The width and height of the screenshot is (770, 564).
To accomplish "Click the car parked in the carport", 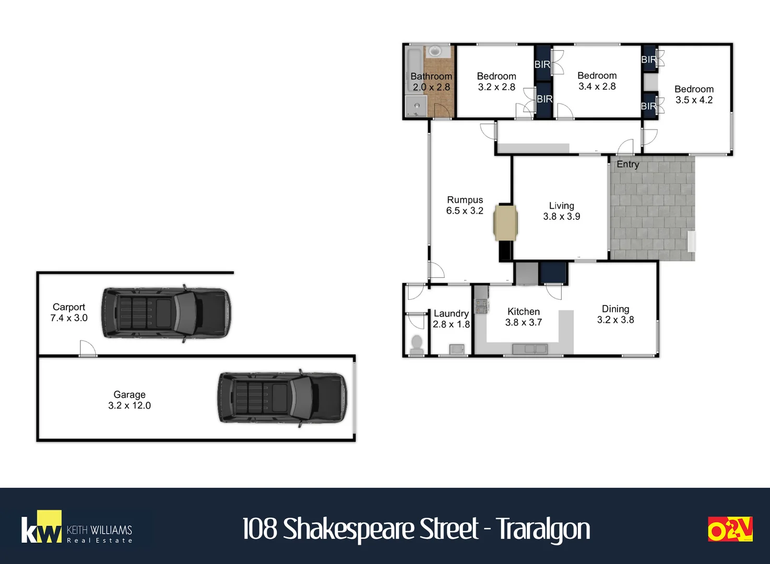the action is (166, 313).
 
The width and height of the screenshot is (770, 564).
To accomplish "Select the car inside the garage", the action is (282, 398).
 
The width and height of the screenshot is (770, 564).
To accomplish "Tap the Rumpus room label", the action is (465, 205).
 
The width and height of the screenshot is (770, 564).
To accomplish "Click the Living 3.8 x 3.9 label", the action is (562, 211).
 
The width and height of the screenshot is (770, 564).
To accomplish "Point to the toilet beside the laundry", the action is (417, 345).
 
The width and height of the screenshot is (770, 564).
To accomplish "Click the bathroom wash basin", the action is (437, 52).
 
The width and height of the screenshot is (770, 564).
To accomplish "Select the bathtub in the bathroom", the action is (414, 70).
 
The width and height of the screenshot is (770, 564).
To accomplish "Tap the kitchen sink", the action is (530, 349).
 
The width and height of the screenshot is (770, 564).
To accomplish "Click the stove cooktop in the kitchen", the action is (482, 305).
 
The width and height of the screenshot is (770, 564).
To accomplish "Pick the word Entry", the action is (627, 164).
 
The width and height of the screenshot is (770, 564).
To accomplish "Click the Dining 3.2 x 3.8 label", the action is (615, 314).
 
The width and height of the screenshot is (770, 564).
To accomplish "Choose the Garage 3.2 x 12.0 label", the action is (129, 399).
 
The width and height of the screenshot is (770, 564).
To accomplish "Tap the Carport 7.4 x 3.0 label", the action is (69, 312).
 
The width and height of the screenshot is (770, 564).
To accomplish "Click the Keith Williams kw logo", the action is (76, 527).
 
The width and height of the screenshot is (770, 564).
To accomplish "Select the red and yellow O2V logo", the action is (730, 528).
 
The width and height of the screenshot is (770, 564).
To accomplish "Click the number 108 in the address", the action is (259, 528).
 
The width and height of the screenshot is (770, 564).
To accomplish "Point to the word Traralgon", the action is (544, 530).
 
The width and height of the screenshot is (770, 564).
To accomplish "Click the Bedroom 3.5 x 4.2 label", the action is (694, 94).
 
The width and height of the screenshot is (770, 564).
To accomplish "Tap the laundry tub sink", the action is (457, 349).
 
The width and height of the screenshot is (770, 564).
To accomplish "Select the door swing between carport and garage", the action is (88, 348).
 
